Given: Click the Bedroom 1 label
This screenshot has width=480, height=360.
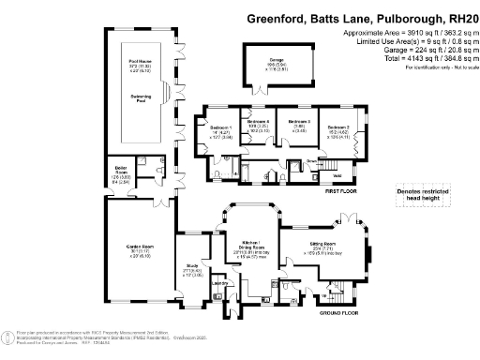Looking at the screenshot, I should click(217, 125).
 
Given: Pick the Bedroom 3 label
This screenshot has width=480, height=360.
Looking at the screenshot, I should click(297, 122).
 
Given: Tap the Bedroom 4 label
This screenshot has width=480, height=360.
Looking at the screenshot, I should click(258, 122).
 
